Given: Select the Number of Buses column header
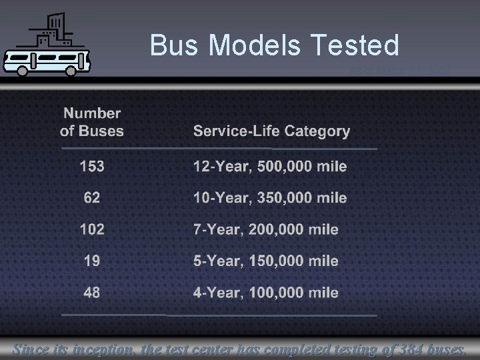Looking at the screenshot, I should pyautogui.click(x=92, y=122).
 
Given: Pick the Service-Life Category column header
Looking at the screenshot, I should pyautogui.click(x=271, y=131).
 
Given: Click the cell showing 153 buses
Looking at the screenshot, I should pyautogui.click(x=92, y=166).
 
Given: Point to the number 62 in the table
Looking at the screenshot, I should pyautogui.click(x=92, y=197).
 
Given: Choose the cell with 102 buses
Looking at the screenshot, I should pyautogui.click(x=92, y=229).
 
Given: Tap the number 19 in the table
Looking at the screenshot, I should pyautogui.click(x=92, y=261).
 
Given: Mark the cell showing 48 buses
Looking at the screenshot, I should pyautogui.click(x=92, y=292).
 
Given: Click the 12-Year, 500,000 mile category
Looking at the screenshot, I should pyautogui.click(x=270, y=166).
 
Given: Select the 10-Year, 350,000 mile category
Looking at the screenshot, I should pyautogui.click(x=270, y=197).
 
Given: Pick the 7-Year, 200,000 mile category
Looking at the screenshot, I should pyautogui.click(x=265, y=229).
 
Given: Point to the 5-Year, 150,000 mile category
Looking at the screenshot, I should pyautogui.click(x=265, y=261).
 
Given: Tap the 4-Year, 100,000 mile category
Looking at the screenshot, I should pyautogui.click(x=265, y=292).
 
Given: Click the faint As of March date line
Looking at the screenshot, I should pyautogui.click(x=400, y=71).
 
